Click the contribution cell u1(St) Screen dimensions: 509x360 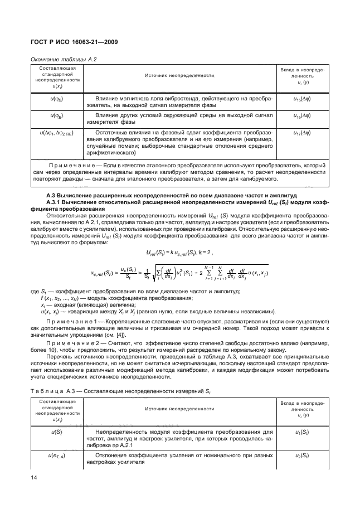pos(304,433)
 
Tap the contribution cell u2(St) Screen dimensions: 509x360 pos(304,457)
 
